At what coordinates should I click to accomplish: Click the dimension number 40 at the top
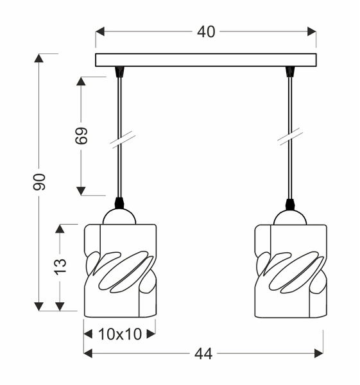click(x=206, y=31)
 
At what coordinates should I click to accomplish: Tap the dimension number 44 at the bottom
click(x=203, y=354)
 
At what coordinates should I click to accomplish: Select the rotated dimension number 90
click(x=40, y=182)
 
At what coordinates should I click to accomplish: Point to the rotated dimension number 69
click(x=81, y=135)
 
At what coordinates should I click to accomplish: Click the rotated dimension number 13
click(x=60, y=266)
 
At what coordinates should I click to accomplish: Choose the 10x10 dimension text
click(x=119, y=334)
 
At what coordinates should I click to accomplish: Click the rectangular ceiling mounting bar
click(x=205, y=60)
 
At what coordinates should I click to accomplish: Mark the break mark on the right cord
click(x=291, y=137)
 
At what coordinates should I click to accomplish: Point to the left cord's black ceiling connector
click(x=119, y=72)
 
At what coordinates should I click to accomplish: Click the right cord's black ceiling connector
click(x=290, y=72)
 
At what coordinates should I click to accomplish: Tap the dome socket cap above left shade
click(x=119, y=216)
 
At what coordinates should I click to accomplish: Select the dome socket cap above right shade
click(x=290, y=216)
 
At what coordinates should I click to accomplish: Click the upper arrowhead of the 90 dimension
click(x=39, y=58)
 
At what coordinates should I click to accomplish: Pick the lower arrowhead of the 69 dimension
click(x=81, y=191)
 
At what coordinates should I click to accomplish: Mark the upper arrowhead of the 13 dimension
click(x=60, y=229)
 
